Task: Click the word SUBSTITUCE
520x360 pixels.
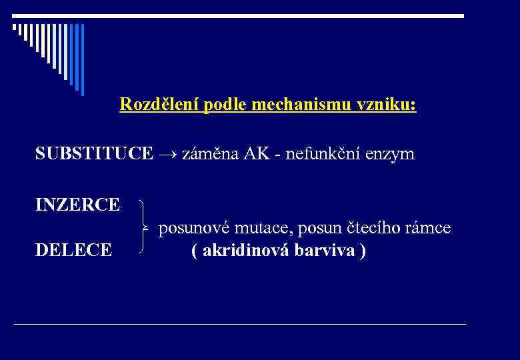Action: (x=93, y=154)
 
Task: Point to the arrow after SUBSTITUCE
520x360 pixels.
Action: (x=167, y=155)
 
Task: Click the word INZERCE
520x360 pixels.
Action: (x=78, y=204)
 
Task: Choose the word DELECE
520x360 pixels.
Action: (x=73, y=251)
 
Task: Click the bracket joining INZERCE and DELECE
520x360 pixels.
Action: (x=144, y=227)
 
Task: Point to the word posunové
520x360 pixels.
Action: (x=195, y=229)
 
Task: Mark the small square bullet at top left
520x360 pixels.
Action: (x=14, y=27)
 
